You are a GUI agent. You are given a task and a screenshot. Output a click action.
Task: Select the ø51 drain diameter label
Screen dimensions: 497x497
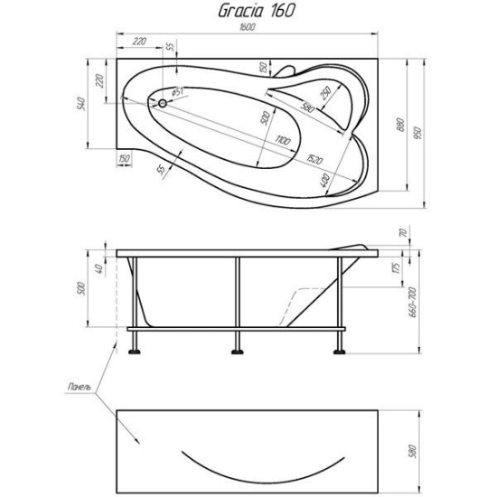click(178, 91)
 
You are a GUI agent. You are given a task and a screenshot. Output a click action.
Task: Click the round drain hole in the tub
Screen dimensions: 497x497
click(162, 104)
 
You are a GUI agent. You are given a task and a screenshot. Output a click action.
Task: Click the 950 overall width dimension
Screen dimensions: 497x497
click(417, 134)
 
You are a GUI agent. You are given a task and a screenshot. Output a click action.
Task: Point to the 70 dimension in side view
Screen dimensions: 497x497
click(405, 234)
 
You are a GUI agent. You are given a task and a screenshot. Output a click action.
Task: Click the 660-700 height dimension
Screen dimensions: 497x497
click(414, 298)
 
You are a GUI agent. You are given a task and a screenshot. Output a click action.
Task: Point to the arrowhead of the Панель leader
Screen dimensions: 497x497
click(138, 443)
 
